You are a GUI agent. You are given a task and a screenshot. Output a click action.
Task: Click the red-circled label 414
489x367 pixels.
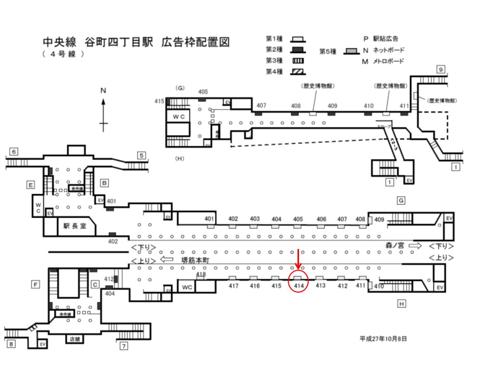tap(300, 286)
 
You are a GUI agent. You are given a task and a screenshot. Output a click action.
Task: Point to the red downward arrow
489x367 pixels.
tap(298, 260)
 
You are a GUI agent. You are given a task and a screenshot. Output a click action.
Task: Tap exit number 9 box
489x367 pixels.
tap(441, 70)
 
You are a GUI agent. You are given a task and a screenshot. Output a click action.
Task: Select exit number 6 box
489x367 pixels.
tap(14, 151)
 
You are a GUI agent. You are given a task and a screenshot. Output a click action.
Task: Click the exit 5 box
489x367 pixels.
tap(142, 155)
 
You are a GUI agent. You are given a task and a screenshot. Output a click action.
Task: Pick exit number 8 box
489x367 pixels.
tap(11, 344)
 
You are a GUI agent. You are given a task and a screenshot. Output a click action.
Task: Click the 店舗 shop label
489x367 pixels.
tap(75, 338)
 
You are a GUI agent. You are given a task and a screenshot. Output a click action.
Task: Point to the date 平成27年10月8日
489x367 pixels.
tap(383, 338)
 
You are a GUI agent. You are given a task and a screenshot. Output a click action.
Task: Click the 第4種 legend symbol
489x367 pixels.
tap(297, 71)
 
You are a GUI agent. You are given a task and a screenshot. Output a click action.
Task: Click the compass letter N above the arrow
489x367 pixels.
tap(103, 90)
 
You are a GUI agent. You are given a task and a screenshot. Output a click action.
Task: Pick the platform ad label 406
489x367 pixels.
tap(321, 219)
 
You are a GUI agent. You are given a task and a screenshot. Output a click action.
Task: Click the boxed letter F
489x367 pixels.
tap(36, 284)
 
